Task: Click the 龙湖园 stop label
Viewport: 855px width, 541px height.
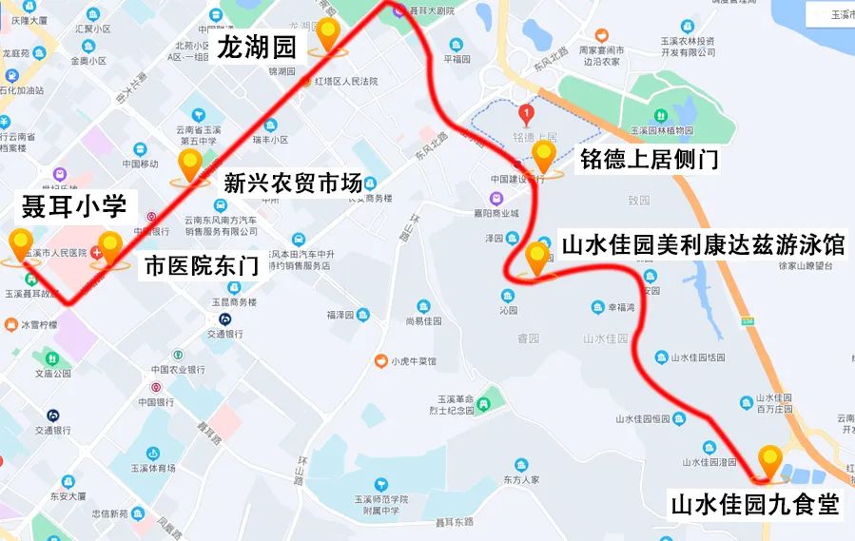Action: tap(257, 48)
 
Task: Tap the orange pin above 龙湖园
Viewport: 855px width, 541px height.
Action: tap(328, 34)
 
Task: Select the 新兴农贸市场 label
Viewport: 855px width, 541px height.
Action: tap(293, 184)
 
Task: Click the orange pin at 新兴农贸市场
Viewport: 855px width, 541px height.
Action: tap(190, 165)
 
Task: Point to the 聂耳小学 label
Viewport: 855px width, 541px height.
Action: tap(74, 205)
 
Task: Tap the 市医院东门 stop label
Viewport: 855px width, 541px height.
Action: tap(201, 266)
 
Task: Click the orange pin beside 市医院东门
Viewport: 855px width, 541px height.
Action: tap(110, 248)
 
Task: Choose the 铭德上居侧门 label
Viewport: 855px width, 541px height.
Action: tap(649, 159)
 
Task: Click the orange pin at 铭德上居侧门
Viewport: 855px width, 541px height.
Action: tap(544, 156)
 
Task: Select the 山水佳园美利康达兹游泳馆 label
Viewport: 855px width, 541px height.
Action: tap(703, 246)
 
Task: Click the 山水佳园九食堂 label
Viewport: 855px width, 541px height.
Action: tap(756, 504)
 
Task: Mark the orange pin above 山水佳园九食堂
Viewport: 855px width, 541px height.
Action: tap(768, 461)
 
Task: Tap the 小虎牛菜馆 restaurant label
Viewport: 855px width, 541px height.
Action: tap(414, 361)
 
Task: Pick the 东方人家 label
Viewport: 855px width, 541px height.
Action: tap(520, 479)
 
